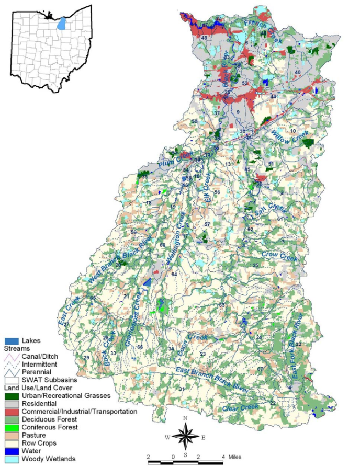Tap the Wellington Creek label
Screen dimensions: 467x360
click(x=176, y=240)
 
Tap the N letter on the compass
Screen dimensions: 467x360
click(x=185, y=418)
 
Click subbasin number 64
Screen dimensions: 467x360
click(x=174, y=275)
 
